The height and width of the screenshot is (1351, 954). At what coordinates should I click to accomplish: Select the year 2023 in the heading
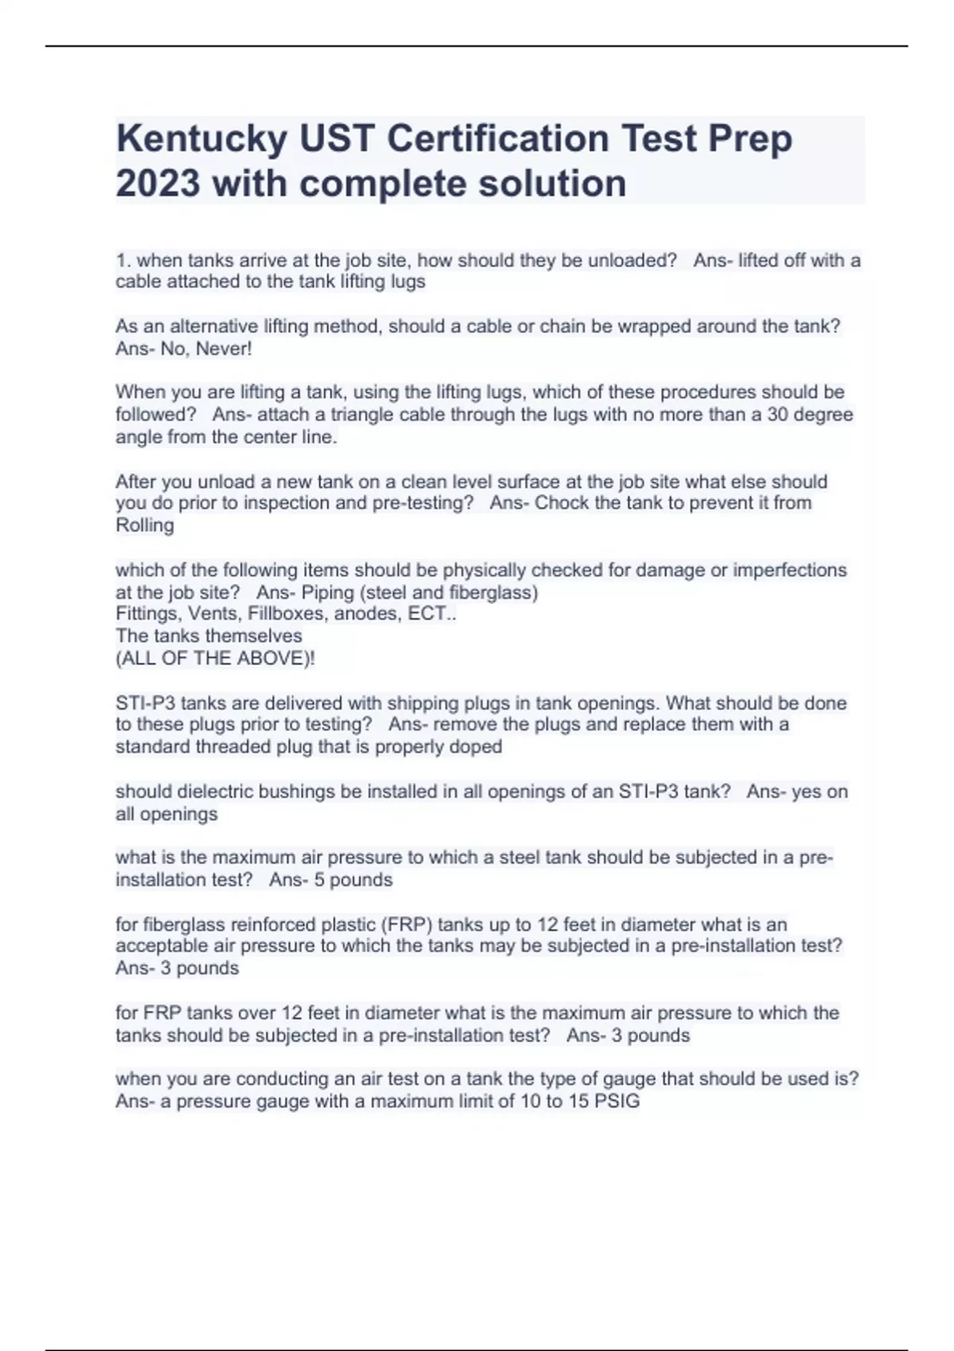[157, 184]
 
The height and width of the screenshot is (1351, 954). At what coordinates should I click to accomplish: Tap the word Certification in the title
[498, 140]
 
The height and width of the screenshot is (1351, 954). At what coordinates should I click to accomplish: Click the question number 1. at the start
[123, 261]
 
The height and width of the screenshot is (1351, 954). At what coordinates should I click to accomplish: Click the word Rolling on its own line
[145, 525]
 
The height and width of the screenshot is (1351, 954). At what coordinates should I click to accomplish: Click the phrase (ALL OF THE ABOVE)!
[215, 658]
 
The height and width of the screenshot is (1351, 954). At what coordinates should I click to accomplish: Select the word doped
[477, 747]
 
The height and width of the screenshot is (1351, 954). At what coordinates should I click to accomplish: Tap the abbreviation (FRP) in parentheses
[406, 924]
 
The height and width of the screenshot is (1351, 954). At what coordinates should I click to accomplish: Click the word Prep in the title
[750, 140]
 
